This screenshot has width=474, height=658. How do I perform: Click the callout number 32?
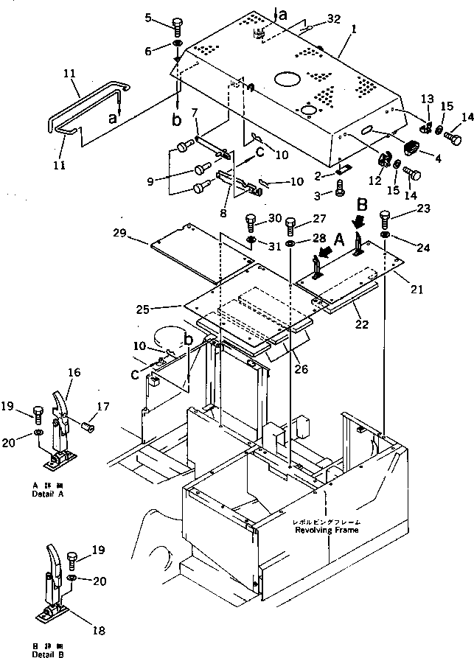point(334,21)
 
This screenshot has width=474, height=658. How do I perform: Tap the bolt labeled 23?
point(384,218)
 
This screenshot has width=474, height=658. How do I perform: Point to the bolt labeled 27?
point(290,223)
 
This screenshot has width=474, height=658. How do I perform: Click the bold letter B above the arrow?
point(363,203)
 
